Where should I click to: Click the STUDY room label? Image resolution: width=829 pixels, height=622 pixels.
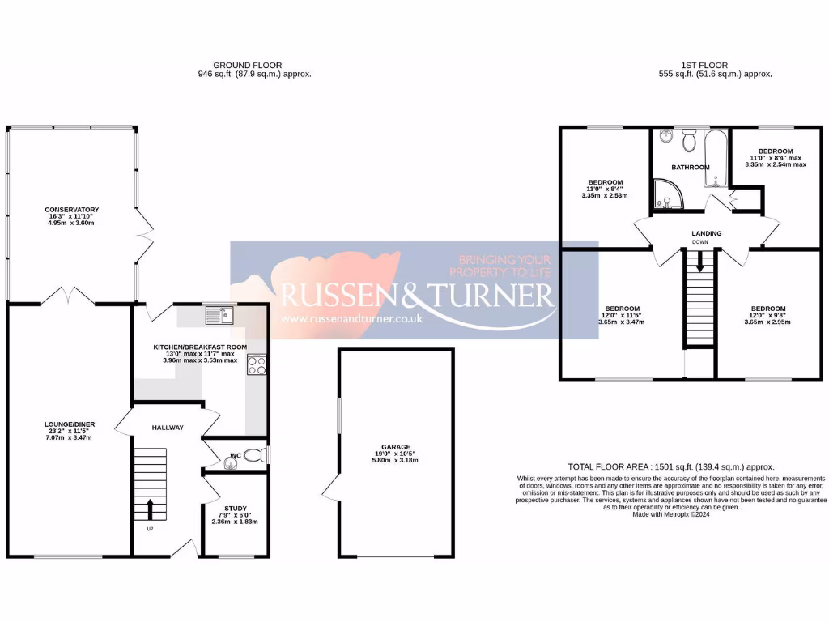[x=235, y=509]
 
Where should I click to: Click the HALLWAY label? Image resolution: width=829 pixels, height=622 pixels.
[x=168, y=428]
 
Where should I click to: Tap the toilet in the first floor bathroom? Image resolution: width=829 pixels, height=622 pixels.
[x=690, y=143]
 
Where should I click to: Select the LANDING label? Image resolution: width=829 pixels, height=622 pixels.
[x=706, y=233]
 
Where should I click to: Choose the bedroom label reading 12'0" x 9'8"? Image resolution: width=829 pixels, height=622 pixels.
[x=767, y=309]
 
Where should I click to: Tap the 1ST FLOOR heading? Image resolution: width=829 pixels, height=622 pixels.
[x=704, y=65]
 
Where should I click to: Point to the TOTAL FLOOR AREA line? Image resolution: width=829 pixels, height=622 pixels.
[x=671, y=466]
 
